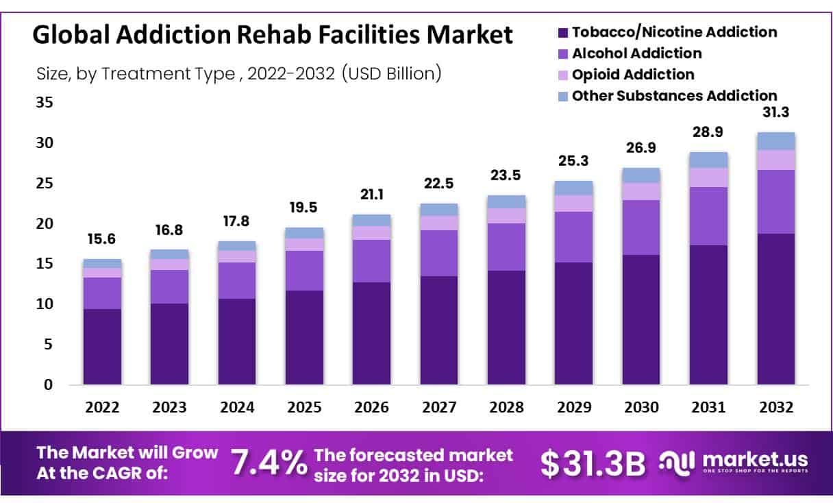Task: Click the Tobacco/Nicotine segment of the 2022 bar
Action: [x=102, y=346]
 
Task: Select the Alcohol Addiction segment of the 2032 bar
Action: [x=775, y=201]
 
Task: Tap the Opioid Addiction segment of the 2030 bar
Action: [x=641, y=191]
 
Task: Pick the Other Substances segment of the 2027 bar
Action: [x=439, y=210]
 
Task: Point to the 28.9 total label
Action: [x=708, y=132]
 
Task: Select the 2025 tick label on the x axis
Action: [x=304, y=408]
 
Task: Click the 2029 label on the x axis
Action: [x=574, y=408]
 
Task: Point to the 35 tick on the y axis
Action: [x=43, y=103]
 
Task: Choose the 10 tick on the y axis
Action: [x=43, y=304]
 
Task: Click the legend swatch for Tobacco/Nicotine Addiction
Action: [x=563, y=32]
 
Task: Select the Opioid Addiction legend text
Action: [x=633, y=74]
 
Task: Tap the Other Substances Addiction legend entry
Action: [x=674, y=95]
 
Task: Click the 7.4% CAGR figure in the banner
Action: [x=268, y=463]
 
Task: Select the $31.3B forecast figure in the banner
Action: [x=593, y=463]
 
